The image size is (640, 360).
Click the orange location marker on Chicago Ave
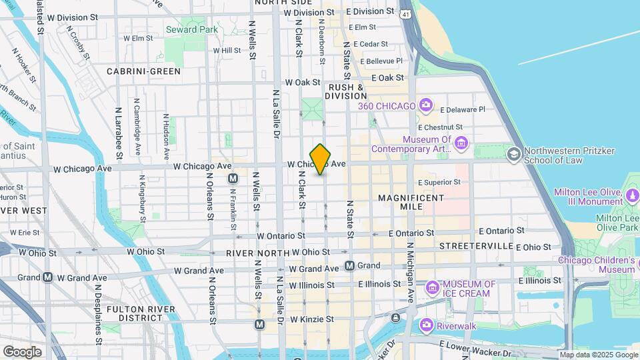coord(321,159)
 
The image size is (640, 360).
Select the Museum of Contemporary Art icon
coord(462,143)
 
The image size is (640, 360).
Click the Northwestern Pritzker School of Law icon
coord(513,155)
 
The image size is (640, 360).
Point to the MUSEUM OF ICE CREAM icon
coord(433,288)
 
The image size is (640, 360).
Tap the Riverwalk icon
coord(426,325)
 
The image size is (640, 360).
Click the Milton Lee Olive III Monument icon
coord(633,197)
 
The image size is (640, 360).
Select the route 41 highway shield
coord(406,13)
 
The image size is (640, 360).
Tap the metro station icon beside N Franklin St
coord(233,179)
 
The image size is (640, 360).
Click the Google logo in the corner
coord(22,351)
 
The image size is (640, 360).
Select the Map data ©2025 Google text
coord(598,355)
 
